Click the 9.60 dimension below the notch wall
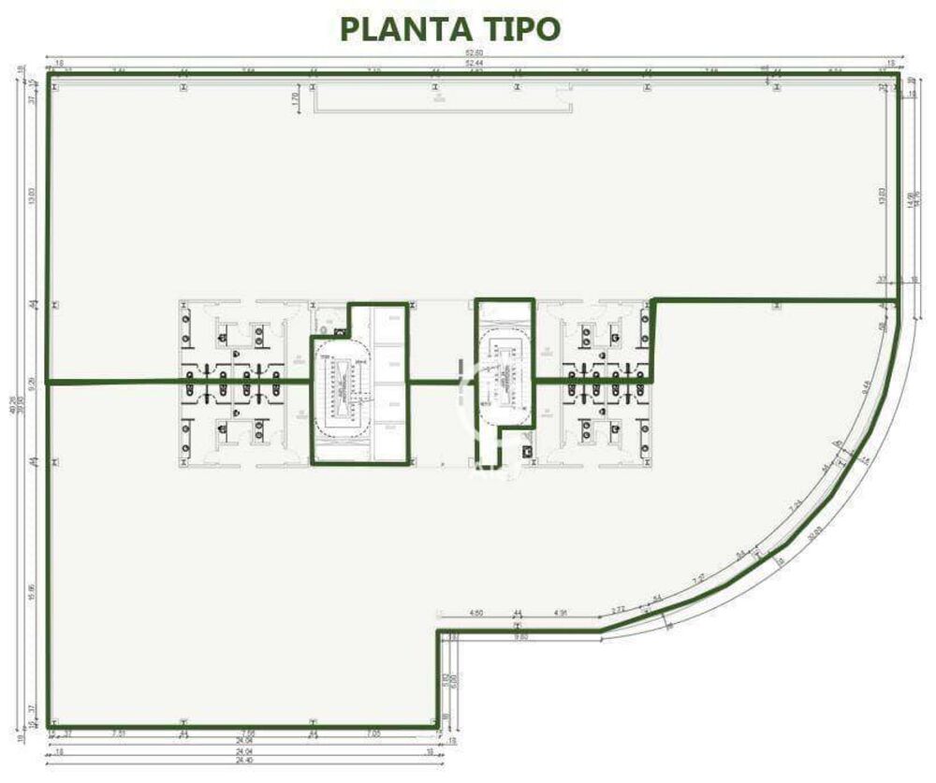(520, 637)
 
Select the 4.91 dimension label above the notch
(562, 614)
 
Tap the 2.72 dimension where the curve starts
(619, 609)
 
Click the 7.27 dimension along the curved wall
(697, 579)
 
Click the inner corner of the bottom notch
(439, 631)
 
